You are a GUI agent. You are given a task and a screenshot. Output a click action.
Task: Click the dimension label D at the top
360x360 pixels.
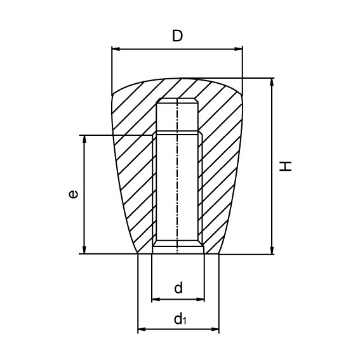[178, 36]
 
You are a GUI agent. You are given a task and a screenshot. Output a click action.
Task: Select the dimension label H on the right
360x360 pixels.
[287, 166]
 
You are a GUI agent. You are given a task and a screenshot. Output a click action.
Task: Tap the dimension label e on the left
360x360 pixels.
[74, 194]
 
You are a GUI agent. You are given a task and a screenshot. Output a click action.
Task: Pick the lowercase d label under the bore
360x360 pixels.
[178, 288]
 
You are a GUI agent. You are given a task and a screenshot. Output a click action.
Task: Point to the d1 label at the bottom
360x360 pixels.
[180, 319]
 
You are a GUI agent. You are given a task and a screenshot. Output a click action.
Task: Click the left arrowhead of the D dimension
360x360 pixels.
[115, 48]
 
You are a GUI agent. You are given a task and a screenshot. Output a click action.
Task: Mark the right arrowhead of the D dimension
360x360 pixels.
[239, 48]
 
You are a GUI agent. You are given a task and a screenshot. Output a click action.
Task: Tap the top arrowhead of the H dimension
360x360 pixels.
[272, 83]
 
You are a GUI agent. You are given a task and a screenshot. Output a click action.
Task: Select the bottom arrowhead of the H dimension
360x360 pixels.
[272, 250]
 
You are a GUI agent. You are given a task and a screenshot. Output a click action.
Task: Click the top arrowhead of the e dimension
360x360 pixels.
[83, 139]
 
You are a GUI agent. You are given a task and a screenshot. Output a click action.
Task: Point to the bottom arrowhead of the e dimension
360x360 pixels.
[83, 250]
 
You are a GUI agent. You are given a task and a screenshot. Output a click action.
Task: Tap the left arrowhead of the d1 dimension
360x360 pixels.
[142, 330]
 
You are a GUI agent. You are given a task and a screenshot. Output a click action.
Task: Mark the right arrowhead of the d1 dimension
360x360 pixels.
[215, 330]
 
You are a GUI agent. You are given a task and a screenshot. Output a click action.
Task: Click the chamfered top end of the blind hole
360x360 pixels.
[177, 101]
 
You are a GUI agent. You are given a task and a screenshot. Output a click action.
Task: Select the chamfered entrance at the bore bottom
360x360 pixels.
[177, 244]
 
